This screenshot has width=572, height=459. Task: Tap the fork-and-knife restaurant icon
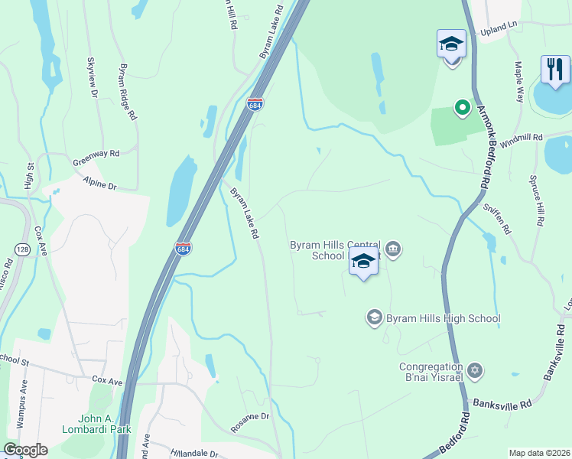[554, 69]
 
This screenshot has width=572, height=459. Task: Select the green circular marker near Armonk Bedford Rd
[462, 108]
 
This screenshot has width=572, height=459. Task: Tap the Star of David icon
[475, 371]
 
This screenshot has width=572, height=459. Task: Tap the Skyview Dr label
[93, 77]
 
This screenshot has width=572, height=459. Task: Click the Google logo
[26, 451]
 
